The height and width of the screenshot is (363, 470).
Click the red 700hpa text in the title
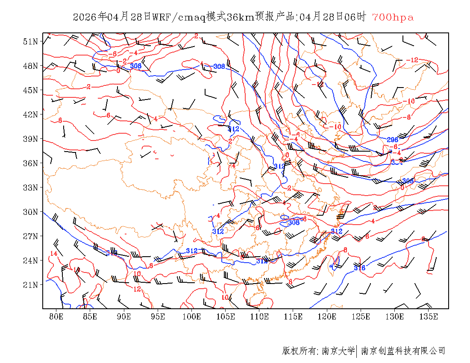coord(393,18)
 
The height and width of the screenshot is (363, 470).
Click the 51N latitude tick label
coord(31,41)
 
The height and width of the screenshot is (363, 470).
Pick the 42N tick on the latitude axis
coord(31,114)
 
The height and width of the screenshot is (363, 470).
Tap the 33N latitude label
coord(31,187)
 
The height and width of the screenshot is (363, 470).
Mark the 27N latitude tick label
coord(31,236)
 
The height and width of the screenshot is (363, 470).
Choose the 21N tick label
coord(31,285)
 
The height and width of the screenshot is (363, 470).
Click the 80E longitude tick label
coord(56,316)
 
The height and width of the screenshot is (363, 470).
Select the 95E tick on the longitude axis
coord(158,316)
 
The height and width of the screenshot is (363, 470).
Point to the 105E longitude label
coord(226,316)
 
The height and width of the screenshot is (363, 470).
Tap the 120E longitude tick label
coord(327,316)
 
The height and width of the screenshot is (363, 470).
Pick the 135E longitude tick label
coord(429,316)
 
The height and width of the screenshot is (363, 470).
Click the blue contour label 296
coord(393,140)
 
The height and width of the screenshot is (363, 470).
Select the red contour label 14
coord(53,254)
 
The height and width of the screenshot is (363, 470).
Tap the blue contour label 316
coord(359,268)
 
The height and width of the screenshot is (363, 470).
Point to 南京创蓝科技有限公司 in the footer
coord(403,351)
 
